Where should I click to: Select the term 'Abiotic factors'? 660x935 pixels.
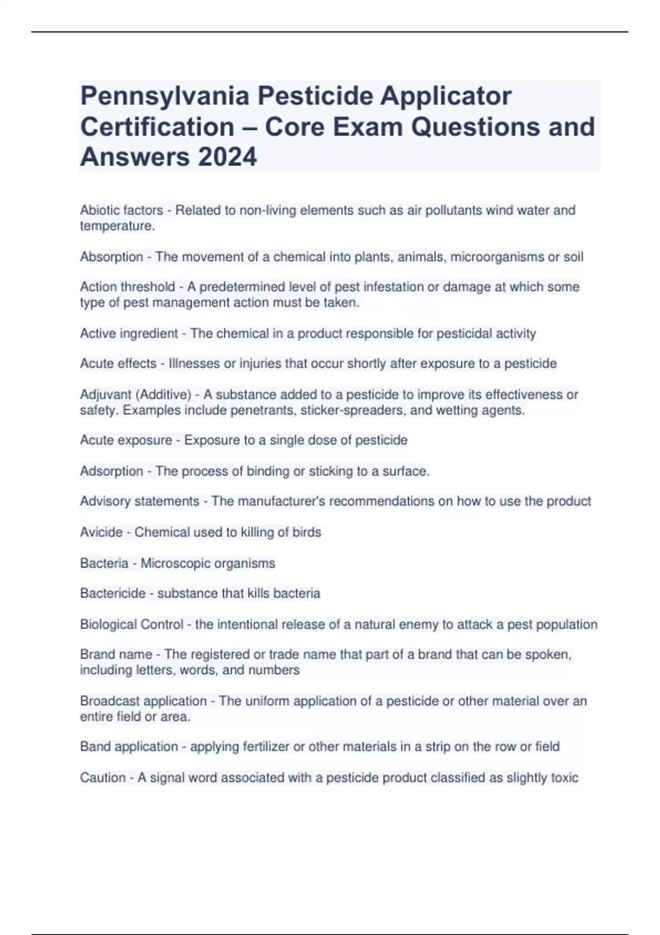[x=122, y=210]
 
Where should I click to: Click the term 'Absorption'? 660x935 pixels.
[x=112, y=257]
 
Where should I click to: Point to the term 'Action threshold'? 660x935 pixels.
[x=128, y=287]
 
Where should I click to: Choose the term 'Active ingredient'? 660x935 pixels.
[x=129, y=333]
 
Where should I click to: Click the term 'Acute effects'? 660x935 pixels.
[x=118, y=364]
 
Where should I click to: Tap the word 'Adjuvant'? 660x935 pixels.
[x=106, y=394]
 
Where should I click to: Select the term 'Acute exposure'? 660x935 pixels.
[x=126, y=440]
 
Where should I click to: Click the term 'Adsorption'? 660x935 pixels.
[x=112, y=471]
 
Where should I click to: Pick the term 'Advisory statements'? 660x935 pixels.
[x=140, y=501]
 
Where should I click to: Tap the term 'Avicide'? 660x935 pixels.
[x=101, y=532]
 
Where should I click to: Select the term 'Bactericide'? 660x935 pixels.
[x=113, y=593]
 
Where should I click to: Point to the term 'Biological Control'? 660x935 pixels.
[x=131, y=624]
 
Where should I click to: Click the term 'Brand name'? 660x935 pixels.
[x=116, y=654]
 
